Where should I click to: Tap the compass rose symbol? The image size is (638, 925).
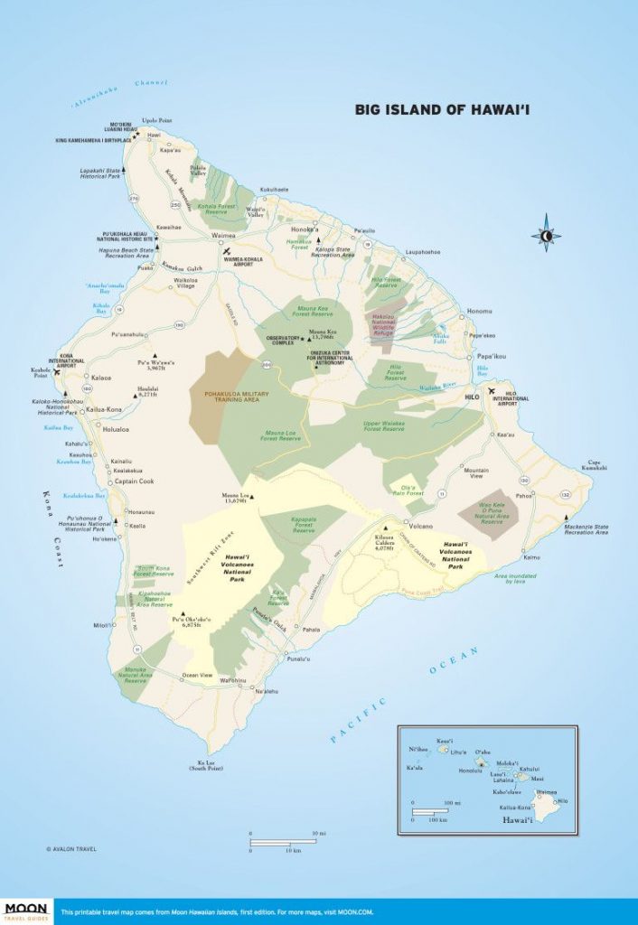(546, 234)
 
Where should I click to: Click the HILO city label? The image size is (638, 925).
(470, 397)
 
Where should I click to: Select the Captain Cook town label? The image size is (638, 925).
(134, 481)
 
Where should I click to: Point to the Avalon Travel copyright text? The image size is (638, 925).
(71, 848)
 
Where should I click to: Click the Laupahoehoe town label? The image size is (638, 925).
(421, 253)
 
